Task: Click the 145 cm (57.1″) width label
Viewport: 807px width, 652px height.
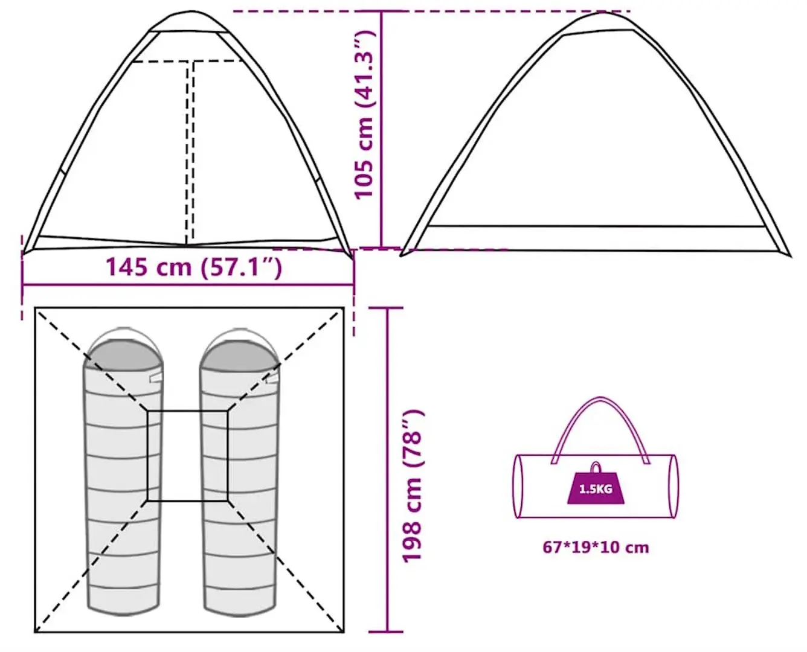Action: pyautogui.click(x=194, y=267)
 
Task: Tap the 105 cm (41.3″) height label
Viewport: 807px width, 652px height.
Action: pyautogui.click(x=364, y=114)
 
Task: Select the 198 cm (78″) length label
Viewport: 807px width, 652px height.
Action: pyautogui.click(x=412, y=487)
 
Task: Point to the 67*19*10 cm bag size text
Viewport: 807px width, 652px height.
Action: pyautogui.click(x=596, y=548)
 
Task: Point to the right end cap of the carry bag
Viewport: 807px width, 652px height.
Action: pyautogui.click(x=673, y=486)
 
